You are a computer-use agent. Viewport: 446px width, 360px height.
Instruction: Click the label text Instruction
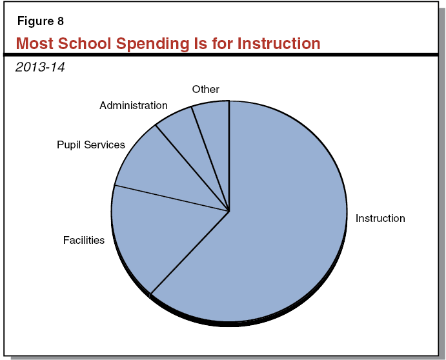pos(380,218)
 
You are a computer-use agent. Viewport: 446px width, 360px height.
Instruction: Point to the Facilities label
pos(84,240)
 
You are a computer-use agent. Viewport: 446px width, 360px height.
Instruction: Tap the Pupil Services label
pos(91,145)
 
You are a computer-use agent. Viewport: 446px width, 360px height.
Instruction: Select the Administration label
pos(134,105)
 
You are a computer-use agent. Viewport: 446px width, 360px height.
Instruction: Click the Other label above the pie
pos(206,89)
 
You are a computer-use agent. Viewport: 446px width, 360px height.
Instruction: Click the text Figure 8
pos(40,21)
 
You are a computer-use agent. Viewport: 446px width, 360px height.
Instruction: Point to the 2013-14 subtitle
pos(40,66)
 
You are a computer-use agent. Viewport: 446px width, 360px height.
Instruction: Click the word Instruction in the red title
pos(279,44)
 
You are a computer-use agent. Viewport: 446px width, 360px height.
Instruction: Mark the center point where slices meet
pos(229,211)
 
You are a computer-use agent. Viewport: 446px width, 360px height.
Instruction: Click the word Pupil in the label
pos(69,145)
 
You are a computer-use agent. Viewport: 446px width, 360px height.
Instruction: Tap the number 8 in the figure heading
pos(60,21)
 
